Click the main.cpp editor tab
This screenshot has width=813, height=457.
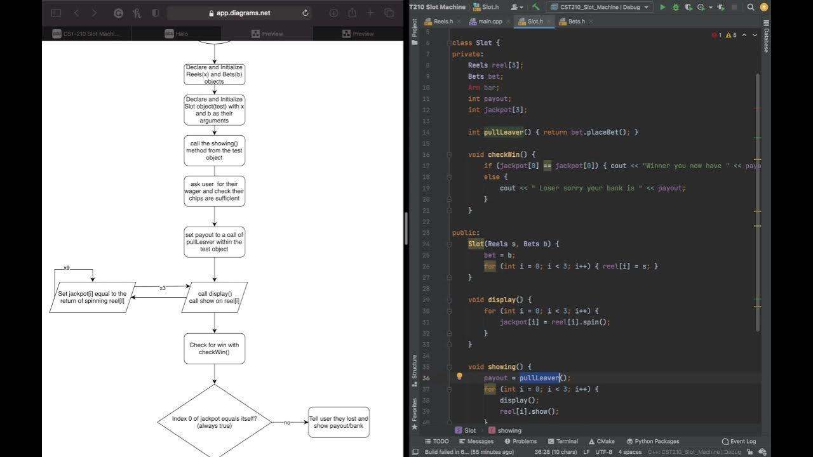(490, 22)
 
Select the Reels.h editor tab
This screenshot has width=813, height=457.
(443, 22)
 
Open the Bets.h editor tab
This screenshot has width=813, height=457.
(576, 22)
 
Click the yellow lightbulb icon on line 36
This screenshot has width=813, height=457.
(459, 376)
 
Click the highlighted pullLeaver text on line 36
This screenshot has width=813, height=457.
(539, 378)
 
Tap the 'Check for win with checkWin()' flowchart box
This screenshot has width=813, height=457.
(214, 348)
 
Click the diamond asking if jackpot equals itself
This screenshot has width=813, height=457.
(214, 422)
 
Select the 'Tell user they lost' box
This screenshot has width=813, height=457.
(339, 422)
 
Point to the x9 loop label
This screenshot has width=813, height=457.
(66, 268)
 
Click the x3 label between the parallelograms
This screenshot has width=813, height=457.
(163, 288)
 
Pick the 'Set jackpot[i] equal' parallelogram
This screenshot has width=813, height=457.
(93, 297)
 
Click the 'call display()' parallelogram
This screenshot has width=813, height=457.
(215, 297)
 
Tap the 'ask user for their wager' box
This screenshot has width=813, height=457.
(214, 191)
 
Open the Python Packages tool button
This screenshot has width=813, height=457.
(652, 441)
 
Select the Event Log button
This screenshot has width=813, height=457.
(739, 441)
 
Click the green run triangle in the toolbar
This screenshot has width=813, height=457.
(662, 7)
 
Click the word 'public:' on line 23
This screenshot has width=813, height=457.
(466, 233)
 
